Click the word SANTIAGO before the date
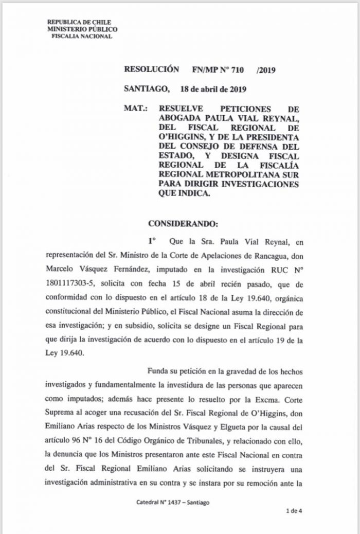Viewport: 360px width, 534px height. point(146,89)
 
